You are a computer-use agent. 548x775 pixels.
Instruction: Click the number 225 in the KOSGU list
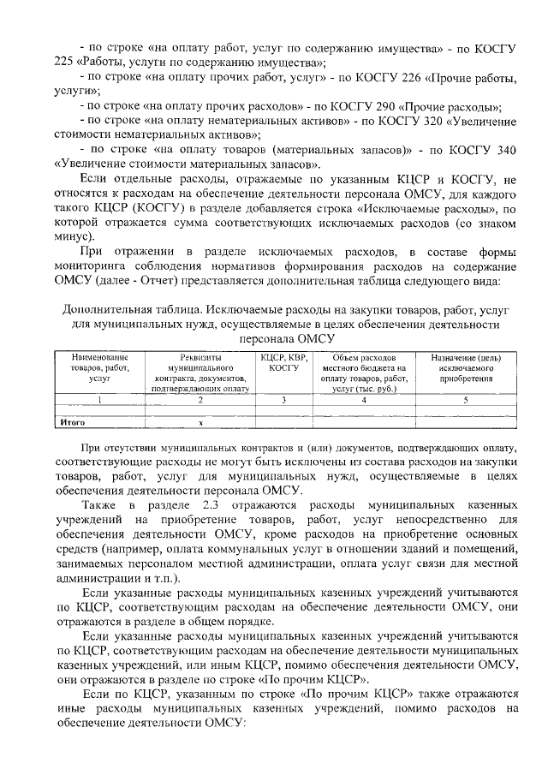click(x=65, y=63)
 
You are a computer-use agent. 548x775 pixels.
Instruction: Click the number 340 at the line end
click(x=505, y=150)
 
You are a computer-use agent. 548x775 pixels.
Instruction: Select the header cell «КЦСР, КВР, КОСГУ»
click(x=283, y=361)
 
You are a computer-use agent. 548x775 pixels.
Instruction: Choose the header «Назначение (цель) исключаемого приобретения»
click(x=466, y=367)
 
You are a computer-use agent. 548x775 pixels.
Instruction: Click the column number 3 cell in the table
click(x=283, y=398)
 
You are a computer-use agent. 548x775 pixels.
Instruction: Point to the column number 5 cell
click(x=466, y=398)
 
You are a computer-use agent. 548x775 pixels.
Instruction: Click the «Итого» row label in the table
click(x=70, y=421)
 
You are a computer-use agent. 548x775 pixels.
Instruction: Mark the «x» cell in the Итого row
click(x=201, y=421)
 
